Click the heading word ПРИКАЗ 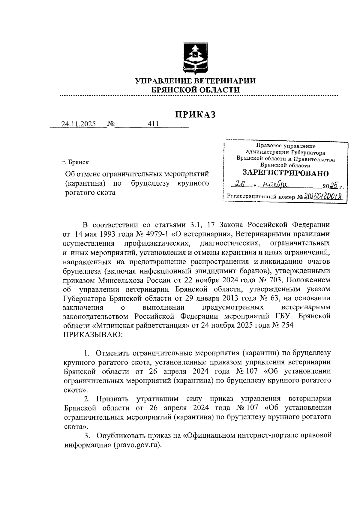195,115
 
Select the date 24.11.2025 78,124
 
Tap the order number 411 153,124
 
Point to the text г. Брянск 75,162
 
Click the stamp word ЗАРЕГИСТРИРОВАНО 285,173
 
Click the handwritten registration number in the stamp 323,196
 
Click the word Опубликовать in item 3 123,435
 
